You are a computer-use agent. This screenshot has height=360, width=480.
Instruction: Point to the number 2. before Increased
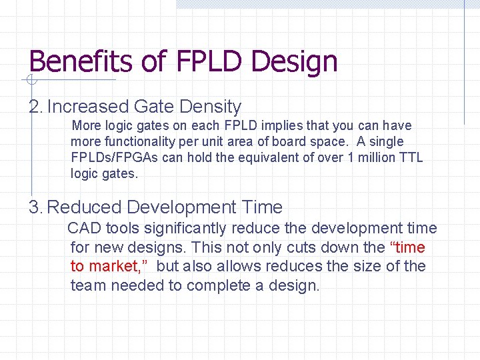pyautogui.click(x=35, y=107)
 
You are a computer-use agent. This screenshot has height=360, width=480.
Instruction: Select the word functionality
pyautogui.click(x=133, y=141)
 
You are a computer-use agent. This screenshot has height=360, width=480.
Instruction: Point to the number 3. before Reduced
pyautogui.click(x=35, y=207)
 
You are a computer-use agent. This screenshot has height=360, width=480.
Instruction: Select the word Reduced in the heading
pyautogui.click(x=85, y=207)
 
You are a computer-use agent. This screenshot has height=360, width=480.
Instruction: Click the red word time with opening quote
pyautogui.click(x=407, y=247)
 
